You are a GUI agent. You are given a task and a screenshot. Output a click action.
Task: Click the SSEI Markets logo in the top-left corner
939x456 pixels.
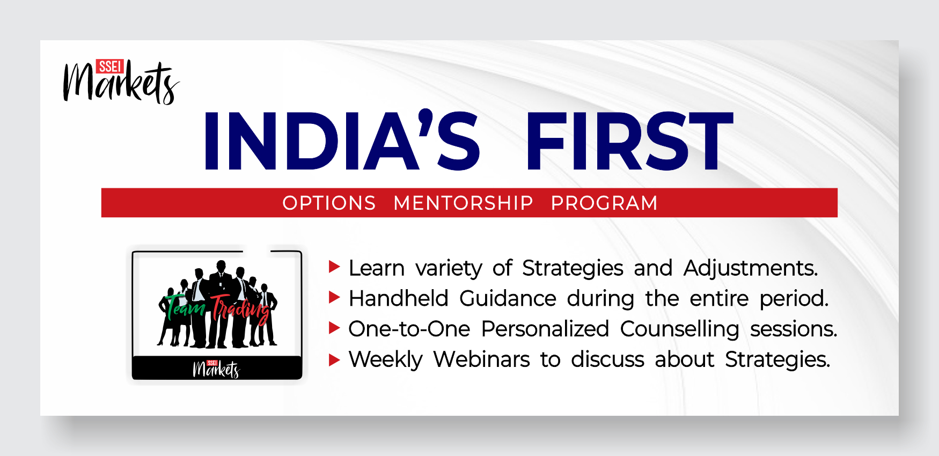[121, 82]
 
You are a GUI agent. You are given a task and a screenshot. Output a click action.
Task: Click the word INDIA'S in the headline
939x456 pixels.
[342, 141]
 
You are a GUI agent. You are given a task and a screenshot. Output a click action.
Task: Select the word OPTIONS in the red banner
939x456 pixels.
[329, 203]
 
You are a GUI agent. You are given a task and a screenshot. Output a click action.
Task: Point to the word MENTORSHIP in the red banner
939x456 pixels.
[463, 203]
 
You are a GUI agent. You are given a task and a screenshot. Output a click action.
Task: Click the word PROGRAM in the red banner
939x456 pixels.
[604, 203]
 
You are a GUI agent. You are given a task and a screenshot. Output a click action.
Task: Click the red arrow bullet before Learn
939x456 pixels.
[334, 267]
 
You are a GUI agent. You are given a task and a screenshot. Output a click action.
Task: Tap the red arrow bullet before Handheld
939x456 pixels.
[334, 297]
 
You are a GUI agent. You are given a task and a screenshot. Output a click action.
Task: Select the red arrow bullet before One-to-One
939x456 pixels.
[334, 328]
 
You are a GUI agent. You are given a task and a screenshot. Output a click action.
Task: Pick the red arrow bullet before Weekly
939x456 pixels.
[334, 359]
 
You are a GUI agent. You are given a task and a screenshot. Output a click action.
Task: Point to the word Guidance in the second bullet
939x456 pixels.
[508, 298]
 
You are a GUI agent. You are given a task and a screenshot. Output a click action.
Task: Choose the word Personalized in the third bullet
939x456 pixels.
[545, 329]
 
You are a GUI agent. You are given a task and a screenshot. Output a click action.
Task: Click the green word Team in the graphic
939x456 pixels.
[185, 307]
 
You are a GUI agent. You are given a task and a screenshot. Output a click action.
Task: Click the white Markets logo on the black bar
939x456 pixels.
[216, 369]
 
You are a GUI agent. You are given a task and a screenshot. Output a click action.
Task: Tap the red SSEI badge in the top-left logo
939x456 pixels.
[110, 66]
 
